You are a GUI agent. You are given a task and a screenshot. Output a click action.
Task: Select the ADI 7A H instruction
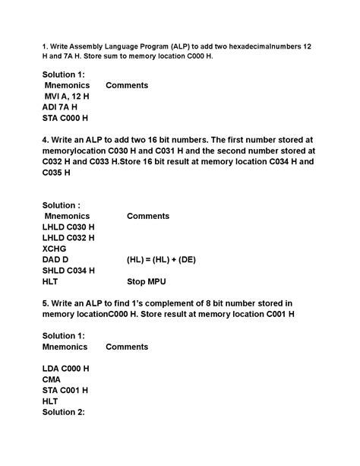coord(63,107)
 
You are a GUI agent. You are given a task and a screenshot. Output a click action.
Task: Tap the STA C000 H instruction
coord(65,119)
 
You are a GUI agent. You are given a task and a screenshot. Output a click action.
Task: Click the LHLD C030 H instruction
coord(68,227)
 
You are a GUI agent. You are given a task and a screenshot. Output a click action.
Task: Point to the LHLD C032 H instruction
coord(68,238)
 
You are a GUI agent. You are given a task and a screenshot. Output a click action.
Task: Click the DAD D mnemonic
coord(55,259)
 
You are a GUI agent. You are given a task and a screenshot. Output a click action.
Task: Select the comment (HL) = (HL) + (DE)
coord(161,259)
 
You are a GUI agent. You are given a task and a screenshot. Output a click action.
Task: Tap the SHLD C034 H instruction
coord(68,270)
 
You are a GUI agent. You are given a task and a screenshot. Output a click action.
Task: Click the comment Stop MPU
coord(147,281)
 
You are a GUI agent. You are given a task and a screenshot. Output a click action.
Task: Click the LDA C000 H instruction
coord(66,369)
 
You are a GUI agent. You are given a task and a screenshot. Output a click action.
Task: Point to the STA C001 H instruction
coord(65,390)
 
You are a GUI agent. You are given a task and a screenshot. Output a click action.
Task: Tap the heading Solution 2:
coord(64,412)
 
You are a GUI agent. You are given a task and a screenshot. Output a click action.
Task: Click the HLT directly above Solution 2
coord(50,401)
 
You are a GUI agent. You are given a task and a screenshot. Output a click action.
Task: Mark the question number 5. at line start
coord(46,303)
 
